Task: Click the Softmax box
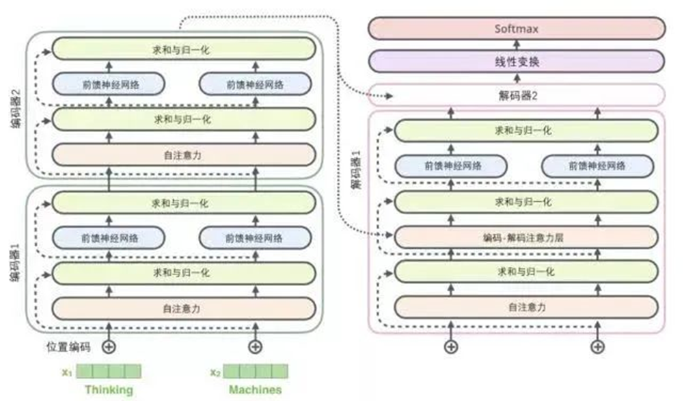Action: coord(516,29)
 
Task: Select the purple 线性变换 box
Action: coord(516,62)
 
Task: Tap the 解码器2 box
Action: coord(516,96)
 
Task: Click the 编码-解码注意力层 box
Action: coord(525,236)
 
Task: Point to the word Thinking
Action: coord(109,390)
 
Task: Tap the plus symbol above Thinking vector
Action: coord(109,347)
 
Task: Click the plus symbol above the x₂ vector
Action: coord(255,347)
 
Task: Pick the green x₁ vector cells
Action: coord(109,372)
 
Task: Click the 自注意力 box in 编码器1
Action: coord(182,308)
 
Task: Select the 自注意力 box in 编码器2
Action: coord(182,155)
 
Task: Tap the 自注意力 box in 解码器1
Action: coord(525,308)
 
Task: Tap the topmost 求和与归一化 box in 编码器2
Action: coord(182,49)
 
